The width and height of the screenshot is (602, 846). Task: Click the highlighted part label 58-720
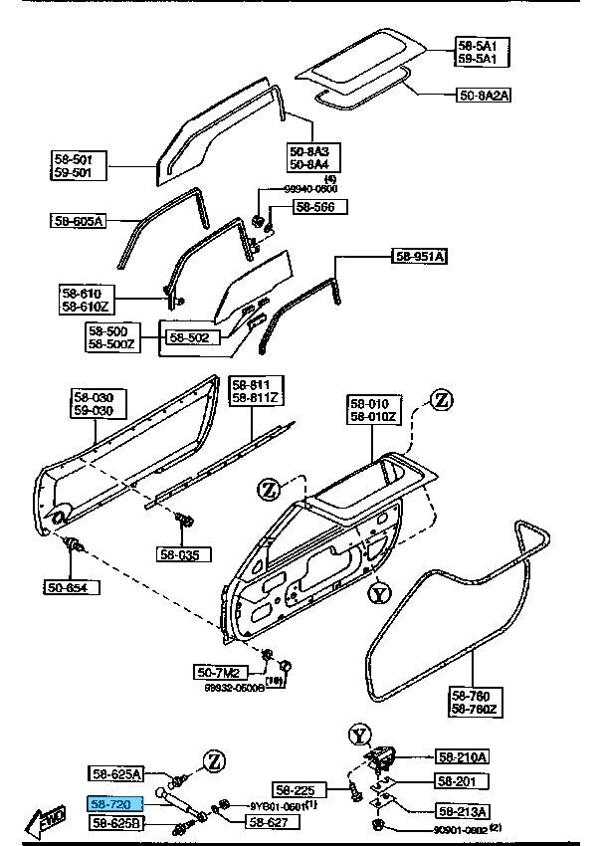(117, 801)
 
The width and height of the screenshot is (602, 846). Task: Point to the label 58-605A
(80, 220)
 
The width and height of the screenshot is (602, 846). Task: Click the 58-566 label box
(319, 207)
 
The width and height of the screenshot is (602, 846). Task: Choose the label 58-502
(189, 337)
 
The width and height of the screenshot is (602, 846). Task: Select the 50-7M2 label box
(223, 674)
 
